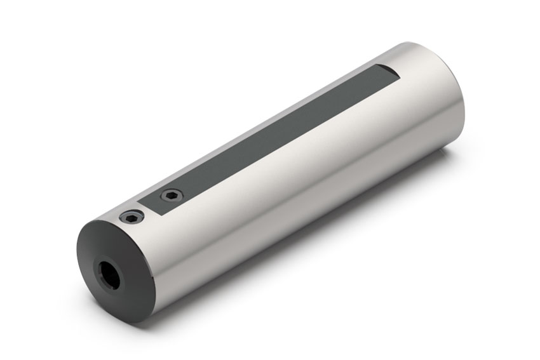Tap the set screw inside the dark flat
(x=170, y=195)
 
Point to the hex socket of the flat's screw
(x=170, y=195)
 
